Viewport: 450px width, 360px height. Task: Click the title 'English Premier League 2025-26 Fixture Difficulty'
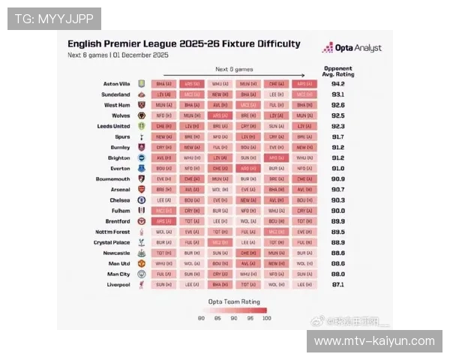[x=184, y=44]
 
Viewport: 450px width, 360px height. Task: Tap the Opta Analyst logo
[x=352, y=47]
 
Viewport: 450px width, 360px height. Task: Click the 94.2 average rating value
[x=337, y=84]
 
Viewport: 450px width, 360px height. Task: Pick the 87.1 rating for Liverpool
[x=337, y=285]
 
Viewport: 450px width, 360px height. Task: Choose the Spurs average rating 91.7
[x=337, y=137]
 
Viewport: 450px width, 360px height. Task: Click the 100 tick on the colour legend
[x=266, y=319]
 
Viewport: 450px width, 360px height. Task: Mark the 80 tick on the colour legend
[x=201, y=319]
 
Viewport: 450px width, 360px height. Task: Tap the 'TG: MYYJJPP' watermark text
[x=53, y=18]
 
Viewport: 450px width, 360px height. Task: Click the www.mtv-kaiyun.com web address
[x=374, y=341]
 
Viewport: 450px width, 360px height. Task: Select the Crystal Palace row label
[x=112, y=243]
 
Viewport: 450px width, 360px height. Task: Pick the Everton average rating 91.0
[x=337, y=169]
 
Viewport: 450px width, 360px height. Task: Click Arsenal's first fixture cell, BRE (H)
[x=163, y=190]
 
